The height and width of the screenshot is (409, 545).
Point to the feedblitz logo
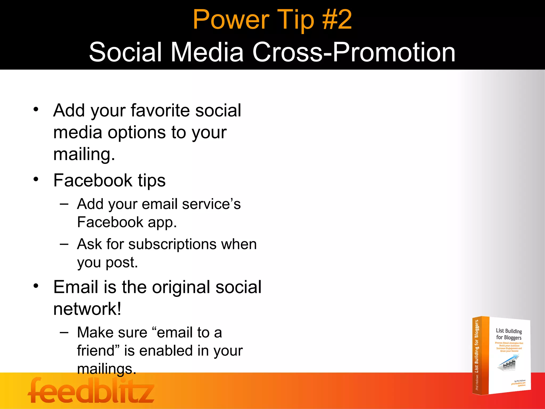pyautogui.click(x=91, y=391)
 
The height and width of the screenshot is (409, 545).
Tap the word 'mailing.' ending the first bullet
pyautogui.click(x=84, y=154)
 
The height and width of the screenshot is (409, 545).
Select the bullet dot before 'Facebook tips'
pyautogui.click(x=36, y=179)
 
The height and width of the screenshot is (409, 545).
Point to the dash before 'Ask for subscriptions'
pyautogui.click(x=64, y=244)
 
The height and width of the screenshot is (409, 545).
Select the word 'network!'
pyautogui.click(x=87, y=309)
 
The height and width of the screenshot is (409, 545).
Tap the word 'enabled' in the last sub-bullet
pyautogui.click(x=163, y=351)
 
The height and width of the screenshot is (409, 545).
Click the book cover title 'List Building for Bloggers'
pyautogui.click(x=509, y=334)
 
